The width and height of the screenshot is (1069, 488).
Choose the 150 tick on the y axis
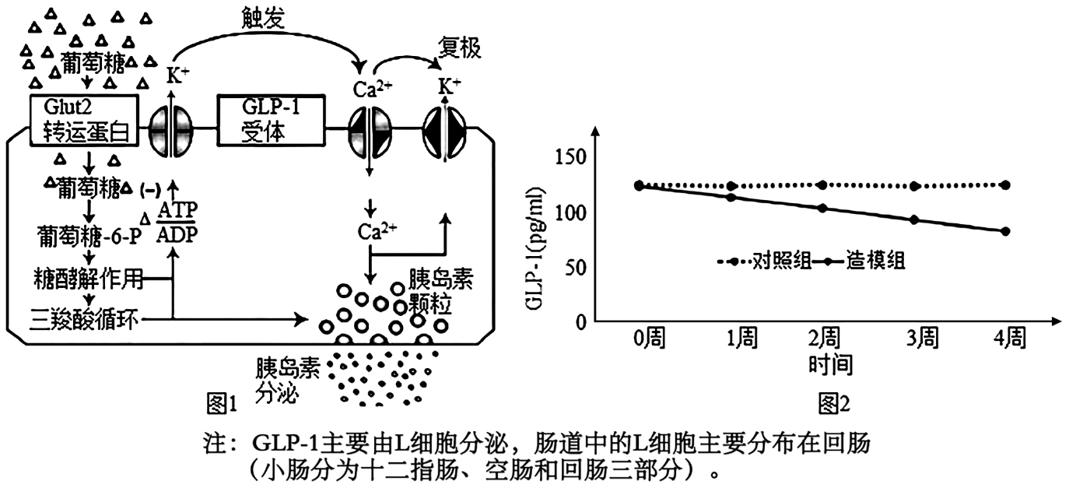(571, 158)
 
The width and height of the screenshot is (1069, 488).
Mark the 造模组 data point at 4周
(1006, 231)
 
